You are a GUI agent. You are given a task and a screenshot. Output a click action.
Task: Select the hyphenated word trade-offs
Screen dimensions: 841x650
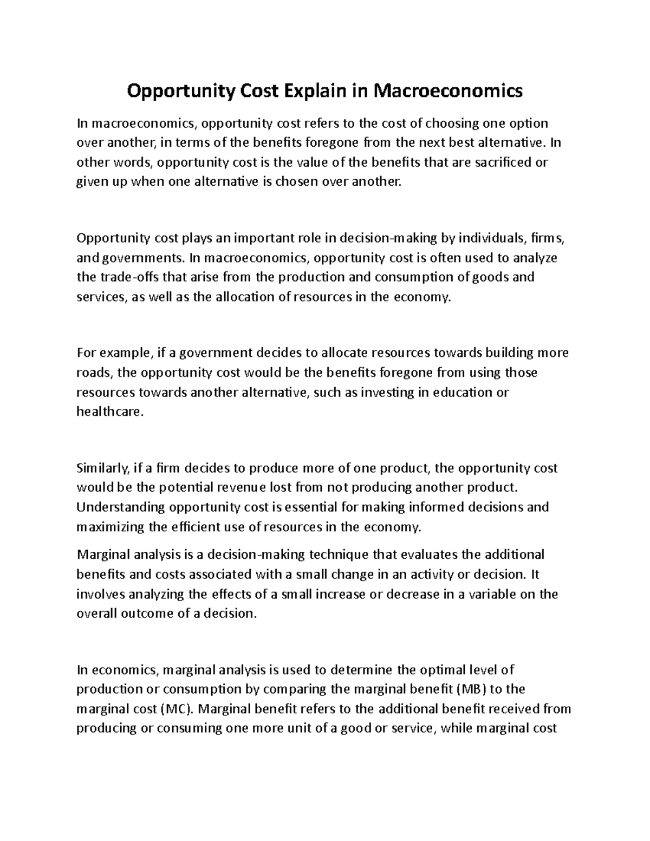[x=123, y=277]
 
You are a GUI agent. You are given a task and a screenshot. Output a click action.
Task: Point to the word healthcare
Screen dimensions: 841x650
[x=110, y=412]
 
